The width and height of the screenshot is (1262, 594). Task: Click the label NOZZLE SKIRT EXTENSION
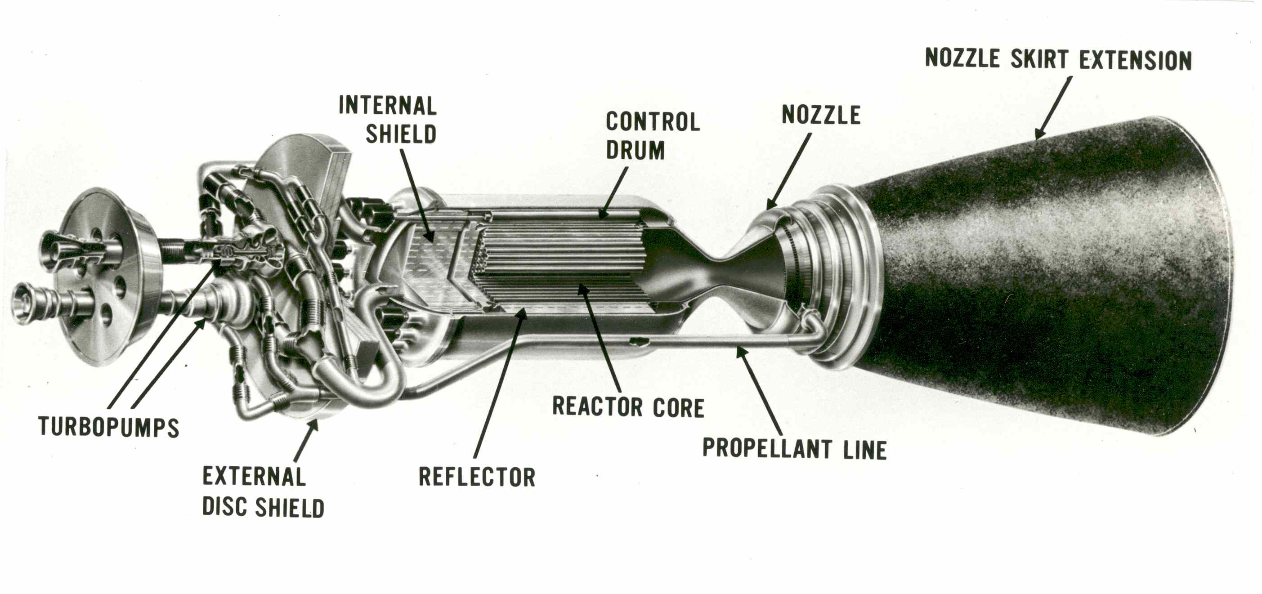coord(1058,60)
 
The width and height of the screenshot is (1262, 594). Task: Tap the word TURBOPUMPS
coord(109,427)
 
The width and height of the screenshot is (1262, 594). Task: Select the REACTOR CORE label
coord(628,407)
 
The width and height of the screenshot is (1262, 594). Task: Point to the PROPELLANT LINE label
coord(794,449)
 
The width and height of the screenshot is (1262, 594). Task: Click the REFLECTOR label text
coord(477,477)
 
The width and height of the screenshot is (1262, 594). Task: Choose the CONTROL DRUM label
coord(653,136)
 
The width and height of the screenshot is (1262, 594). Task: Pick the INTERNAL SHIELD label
coord(388,120)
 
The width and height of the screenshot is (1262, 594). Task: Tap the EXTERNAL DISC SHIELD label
coord(263,491)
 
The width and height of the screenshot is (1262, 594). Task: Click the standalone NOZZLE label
coord(821,115)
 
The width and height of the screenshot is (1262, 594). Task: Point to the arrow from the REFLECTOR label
coord(500,382)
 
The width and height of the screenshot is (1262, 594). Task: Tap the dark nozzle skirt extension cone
coord(1053,274)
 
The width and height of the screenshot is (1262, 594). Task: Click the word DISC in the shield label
coord(225,507)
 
